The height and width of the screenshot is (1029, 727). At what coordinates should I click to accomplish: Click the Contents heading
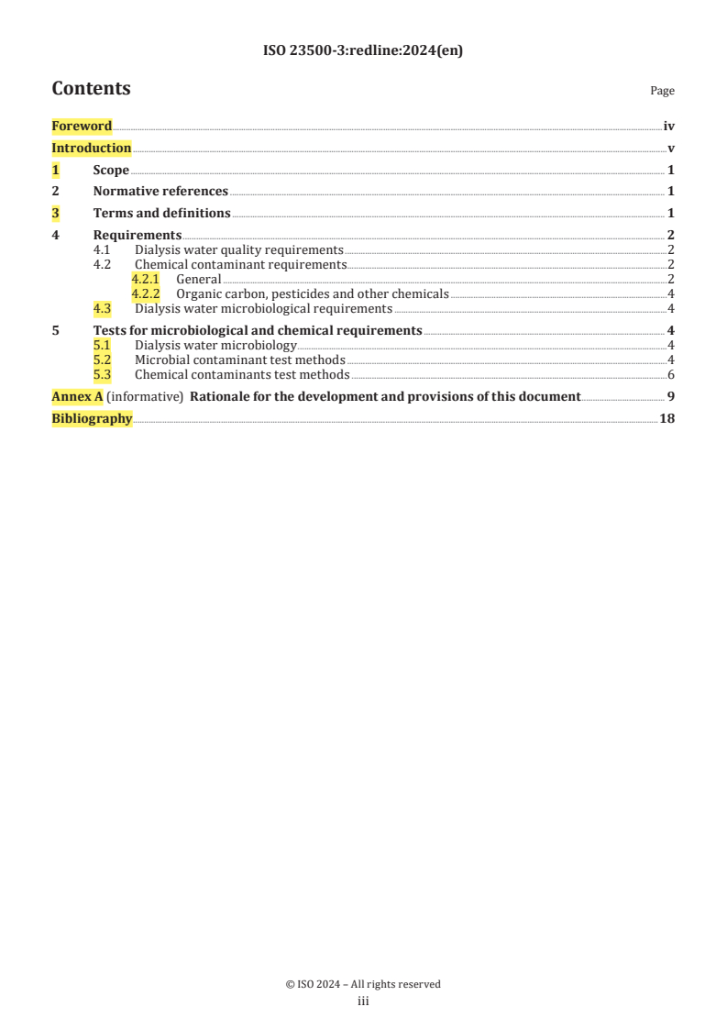[x=91, y=89]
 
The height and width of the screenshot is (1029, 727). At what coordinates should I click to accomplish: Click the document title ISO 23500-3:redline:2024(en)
[x=363, y=51]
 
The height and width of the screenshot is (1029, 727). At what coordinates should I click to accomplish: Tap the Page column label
[x=662, y=91]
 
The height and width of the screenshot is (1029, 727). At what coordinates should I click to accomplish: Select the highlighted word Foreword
[x=82, y=127]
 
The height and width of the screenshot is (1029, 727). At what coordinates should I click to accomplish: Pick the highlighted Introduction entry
[x=91, y=149]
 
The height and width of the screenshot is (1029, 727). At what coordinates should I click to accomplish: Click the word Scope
[x=111, y=171]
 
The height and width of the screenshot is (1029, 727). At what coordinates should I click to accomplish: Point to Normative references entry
[x=160, y=192]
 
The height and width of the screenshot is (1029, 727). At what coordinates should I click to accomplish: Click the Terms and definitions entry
[x=161, y=214]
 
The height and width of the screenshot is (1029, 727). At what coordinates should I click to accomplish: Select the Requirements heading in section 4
[x=138, y=236]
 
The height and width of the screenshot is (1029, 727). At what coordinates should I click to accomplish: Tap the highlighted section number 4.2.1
[x=145, y=280]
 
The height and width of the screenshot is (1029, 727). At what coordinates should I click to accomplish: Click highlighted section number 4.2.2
[x=145, y=294]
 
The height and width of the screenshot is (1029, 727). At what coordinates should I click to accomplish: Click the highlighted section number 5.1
[x=103, y=346]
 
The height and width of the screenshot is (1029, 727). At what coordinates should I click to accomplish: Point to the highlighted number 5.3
[x=103, y=375]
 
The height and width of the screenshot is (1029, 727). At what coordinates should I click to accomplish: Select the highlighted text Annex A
[x=77, y=397]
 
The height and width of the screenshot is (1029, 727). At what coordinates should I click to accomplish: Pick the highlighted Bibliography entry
[x=92, y=419]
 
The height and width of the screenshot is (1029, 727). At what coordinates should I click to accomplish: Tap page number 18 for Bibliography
[x=667, y=419]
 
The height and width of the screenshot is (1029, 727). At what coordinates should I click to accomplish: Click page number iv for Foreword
[x=669, y=127]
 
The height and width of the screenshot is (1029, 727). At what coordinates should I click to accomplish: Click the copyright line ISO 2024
[x=363, y=984]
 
